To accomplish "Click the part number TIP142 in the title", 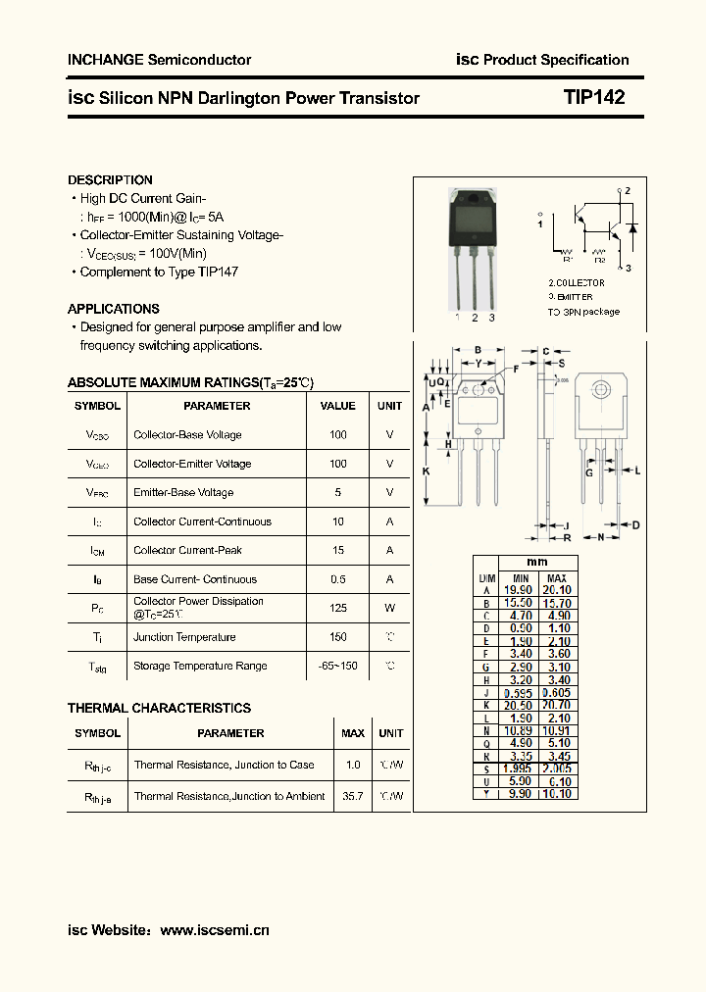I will tap(593, 98).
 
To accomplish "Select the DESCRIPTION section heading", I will tap(110, 180).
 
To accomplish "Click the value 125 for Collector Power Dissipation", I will tap(338, 608).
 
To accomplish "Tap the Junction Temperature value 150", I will tap(338, 637).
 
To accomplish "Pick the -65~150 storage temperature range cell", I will tap(338, 666).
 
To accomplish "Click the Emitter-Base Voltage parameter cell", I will tap(183, 493).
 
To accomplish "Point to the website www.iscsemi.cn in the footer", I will tap(214, 930).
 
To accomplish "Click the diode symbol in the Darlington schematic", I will tap(631, 229).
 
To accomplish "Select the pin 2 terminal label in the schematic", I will tap(627, 191).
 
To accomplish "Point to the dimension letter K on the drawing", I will tap(427, 471).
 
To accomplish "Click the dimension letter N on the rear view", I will tap(600, 537).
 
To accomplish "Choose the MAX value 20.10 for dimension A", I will tap(556, 590).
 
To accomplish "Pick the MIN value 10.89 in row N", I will tap(520, 730).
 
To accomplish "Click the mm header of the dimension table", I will tap(537, 563).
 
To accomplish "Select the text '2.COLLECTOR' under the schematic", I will tap(577, 282).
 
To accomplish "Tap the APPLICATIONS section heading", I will tap(114, 309).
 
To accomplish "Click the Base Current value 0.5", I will tap(338, 579).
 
